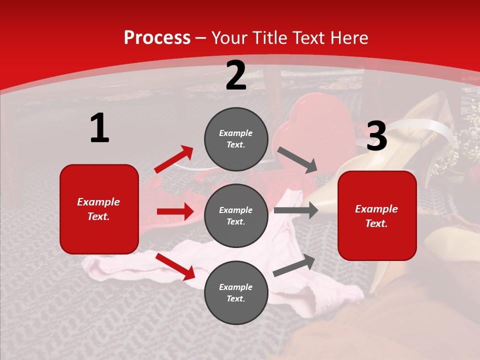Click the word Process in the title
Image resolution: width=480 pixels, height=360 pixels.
point(157,38)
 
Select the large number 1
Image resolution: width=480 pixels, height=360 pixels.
point(99,128)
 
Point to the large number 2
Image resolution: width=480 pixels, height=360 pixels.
point(236,75)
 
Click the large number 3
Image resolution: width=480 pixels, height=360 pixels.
point(377,136)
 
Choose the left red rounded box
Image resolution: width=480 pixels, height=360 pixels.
point(99,209)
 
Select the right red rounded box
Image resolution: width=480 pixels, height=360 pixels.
point(377,215)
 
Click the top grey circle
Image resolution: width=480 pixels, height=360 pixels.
point(236,139)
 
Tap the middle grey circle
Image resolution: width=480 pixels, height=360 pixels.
point(236,215)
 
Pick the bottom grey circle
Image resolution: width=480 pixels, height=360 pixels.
point(236,292)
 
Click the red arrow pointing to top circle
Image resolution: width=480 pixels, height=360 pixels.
point(174,159)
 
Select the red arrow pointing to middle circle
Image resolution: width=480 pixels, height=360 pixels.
point(175,211)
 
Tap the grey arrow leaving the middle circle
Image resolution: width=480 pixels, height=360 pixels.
point(296,210)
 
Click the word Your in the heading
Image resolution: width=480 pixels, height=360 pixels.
point(228,38)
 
